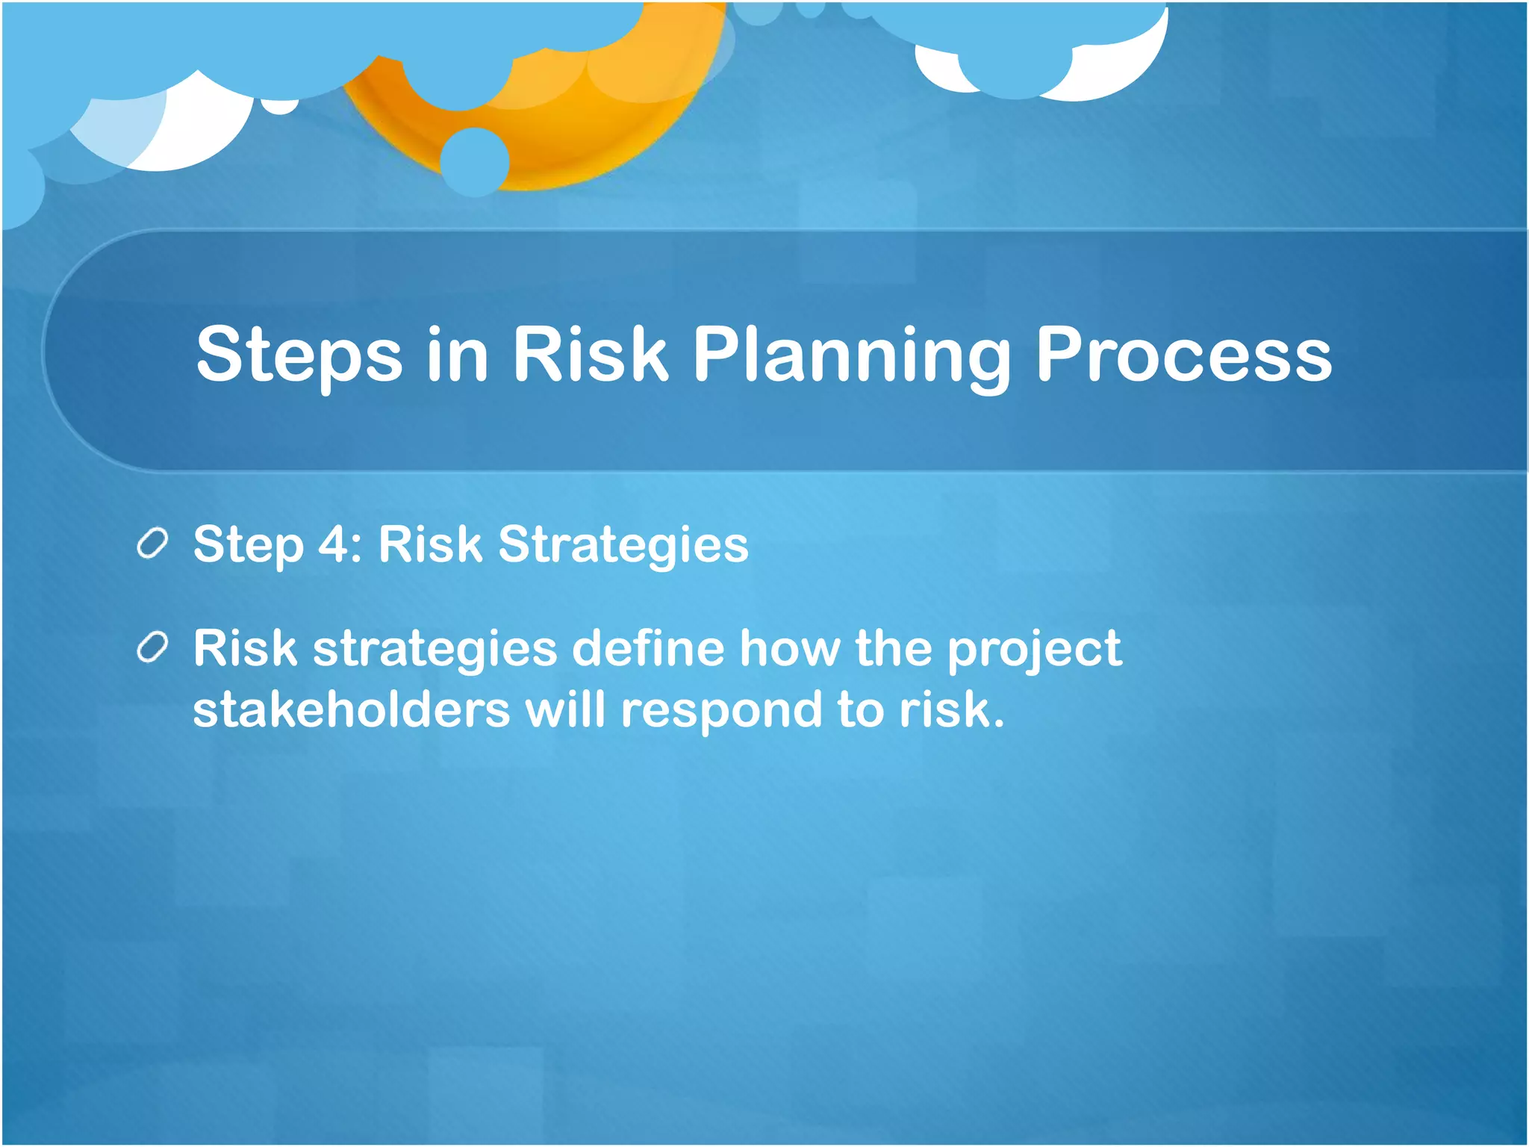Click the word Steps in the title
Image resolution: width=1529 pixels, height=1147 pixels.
pos(299,355)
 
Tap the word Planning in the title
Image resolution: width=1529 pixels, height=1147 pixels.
pos(852,355)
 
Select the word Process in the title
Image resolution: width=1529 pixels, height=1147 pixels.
pos(1183,355)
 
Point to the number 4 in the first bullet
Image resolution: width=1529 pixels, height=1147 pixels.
pos(332,544)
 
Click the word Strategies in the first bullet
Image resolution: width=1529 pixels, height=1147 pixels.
pos(623,545)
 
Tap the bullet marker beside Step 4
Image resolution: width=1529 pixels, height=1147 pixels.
pos(153,544)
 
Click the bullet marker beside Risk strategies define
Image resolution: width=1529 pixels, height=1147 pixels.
pos(153,647)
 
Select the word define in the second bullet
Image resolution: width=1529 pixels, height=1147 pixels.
pos(648,647)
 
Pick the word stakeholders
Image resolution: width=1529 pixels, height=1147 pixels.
pos(351,709)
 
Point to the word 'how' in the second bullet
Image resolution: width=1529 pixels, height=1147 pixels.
pos(790,647)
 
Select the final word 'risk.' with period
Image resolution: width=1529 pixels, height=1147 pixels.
pos(952,709)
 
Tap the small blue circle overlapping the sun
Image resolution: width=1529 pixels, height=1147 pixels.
pos(475,162)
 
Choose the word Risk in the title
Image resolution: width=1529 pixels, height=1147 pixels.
pos(589,355)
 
